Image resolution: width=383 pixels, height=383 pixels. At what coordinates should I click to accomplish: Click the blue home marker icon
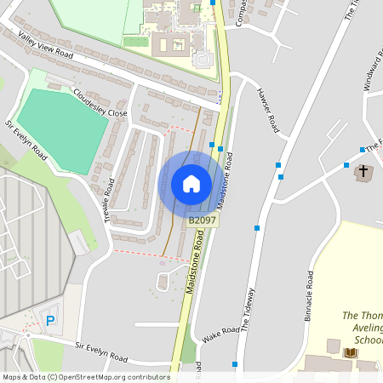point(191,184)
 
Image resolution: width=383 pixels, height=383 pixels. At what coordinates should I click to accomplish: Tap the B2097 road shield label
point(203,220)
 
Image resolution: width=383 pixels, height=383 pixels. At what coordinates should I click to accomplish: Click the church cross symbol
point(363,172)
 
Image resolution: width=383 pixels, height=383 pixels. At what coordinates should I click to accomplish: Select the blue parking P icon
point(50,320)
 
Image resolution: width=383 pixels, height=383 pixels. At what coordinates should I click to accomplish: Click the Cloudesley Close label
point(100,101)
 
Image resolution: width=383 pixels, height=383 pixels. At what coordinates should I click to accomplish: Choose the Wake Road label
point(220,334)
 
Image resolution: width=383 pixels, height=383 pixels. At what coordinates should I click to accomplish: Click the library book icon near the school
point(350,352)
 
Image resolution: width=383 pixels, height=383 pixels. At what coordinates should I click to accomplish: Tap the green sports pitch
point(61,127)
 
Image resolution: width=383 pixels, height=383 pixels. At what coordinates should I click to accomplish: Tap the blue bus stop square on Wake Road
point(235,364)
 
